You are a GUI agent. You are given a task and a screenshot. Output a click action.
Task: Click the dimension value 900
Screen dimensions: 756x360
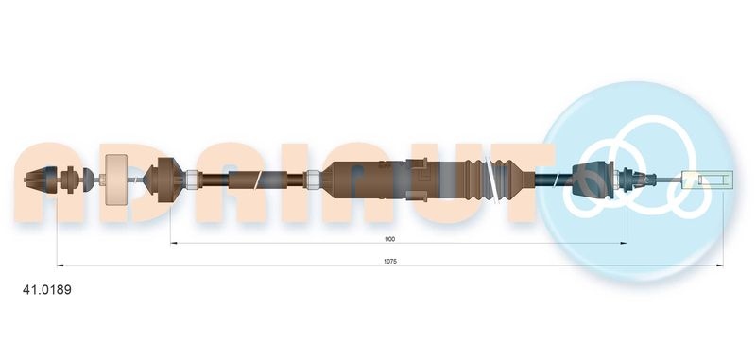pyautogui.click(x=389, y=239)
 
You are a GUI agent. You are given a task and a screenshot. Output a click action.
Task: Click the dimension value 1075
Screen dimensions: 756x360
pyautogui.click(x=389, y=261)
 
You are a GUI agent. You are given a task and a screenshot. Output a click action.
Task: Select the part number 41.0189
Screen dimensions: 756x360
pyautogui.click(x=47, y=290)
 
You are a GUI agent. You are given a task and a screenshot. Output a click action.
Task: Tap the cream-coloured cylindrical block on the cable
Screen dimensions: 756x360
pyautogui.click(x=115, y=180)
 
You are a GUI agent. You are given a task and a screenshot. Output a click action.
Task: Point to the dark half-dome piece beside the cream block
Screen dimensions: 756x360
pyautogui.click(x=88, y=180)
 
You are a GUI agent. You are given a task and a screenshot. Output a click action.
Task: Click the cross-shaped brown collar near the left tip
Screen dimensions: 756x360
pyautogui.click(x=70, y=180)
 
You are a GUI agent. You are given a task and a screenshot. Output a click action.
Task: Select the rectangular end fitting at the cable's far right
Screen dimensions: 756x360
pyautogui.click(x=708, y=180)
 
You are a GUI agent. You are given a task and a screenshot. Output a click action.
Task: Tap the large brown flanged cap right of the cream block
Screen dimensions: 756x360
pyautogui.click(x=164, y=180)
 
